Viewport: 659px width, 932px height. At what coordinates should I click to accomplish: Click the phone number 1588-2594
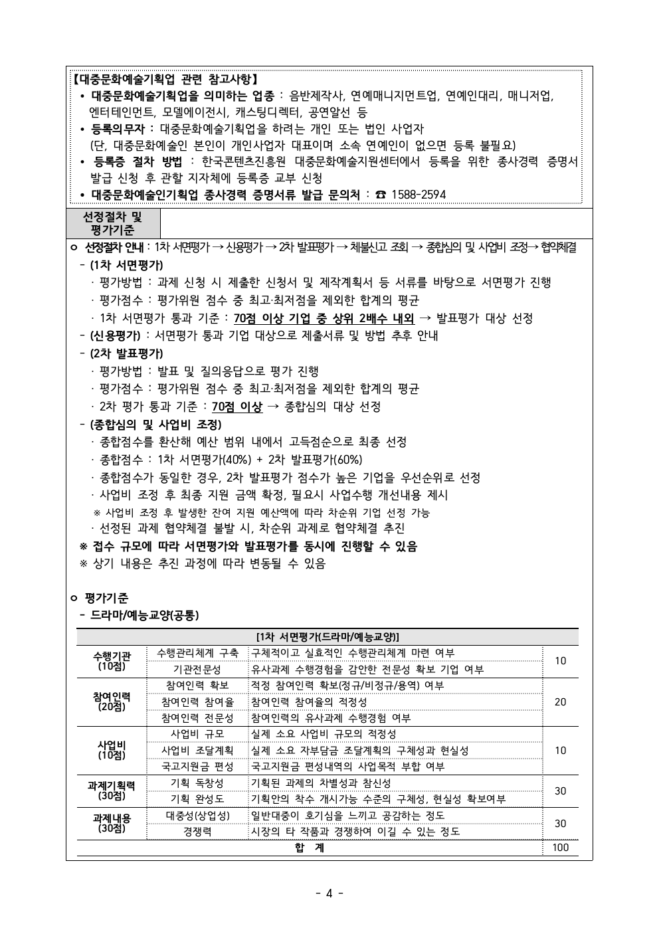pos(419,195)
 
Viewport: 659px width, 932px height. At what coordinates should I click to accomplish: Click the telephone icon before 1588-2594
pos(381,195)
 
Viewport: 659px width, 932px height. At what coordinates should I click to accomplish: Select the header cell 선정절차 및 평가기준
pos(112,223)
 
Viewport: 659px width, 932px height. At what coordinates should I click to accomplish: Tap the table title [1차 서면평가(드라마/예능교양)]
pos(328,636)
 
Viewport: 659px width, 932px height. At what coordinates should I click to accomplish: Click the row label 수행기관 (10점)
pos(112,661)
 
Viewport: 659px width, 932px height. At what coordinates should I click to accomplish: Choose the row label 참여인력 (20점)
pos(112,701)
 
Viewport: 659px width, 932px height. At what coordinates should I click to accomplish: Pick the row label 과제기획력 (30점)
pos(112,791)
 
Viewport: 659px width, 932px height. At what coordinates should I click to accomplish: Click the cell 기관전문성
pos(197,670)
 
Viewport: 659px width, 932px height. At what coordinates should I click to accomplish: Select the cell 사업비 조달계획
pos(197,751)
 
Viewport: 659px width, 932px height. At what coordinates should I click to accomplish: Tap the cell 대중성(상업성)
pos(197,816)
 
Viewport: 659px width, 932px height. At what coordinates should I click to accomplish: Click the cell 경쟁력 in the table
pos(197,832)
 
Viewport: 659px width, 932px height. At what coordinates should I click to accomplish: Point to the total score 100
pos(561,848)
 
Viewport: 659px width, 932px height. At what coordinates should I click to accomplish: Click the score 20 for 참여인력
pos(561,702)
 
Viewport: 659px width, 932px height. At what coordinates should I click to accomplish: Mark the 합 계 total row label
pos(310,848)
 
